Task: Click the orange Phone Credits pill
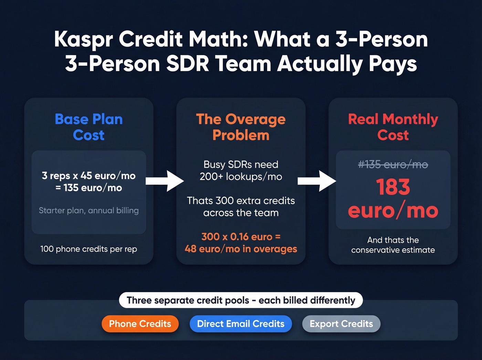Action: [x=140, y=324]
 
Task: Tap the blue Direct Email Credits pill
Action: [x=241, y=324]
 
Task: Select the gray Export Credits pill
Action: [x=341, y=324]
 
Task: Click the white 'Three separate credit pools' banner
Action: [x=241, y=300]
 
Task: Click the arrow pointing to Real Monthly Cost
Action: [x=317, y=181]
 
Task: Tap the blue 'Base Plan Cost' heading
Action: [x=89, y=127]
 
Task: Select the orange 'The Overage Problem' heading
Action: [x=241, y=127]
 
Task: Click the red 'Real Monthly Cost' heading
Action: [x=393, y=127]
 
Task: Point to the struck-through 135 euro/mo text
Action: [x=393, y=165]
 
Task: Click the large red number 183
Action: [x=393, y=187]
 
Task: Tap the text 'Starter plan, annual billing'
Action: [x=89, y=210]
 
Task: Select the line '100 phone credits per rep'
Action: [x=89, y=249]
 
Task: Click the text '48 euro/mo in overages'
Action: [x=241, y=249]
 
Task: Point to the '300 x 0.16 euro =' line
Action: [x=241, y=237]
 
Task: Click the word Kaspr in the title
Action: [x=83, y=39]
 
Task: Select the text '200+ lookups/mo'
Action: [x=241, y=177]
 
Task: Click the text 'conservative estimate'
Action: [x=393, y=250]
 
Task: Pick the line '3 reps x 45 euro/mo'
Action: [x=89, y=176]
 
